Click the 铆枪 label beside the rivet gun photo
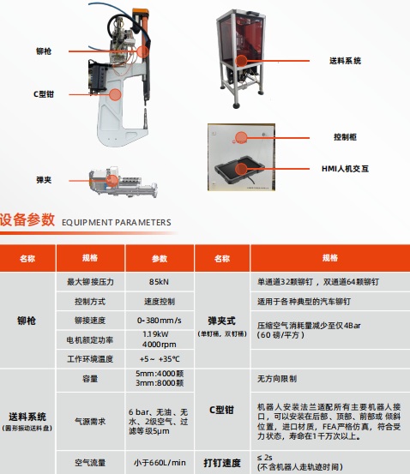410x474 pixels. click(x=44, y=51)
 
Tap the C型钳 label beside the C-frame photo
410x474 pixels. click(x=44, y=94)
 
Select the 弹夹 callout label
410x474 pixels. click(x=44, y=180)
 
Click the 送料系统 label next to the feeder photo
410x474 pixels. click(x=345, y=61)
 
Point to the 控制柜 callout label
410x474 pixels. click(x=345, y=137)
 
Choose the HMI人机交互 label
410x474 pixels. click(x=345, y=169)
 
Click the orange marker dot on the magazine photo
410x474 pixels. click(x=112, y=181)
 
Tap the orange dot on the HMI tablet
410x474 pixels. click(x=241, y=170)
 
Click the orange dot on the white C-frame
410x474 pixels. click(x=115, y=94)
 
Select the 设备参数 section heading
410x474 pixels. click(x=27, y=219)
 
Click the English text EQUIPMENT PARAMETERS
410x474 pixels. click(x=116, y=223)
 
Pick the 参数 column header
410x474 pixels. click(x=160, y=259)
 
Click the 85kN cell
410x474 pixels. click(x=159, y=282)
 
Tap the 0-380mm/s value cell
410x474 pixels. click(x=160, y=320)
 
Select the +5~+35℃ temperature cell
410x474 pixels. click(x=160, y=359)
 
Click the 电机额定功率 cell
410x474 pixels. click(x=90, y=340)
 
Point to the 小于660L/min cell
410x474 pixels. click(x=160, y=463)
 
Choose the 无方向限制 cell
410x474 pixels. click(x=277, y=379)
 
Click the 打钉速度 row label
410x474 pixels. click(x=222, y=463)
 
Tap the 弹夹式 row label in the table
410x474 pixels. click(x=222, y=321)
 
